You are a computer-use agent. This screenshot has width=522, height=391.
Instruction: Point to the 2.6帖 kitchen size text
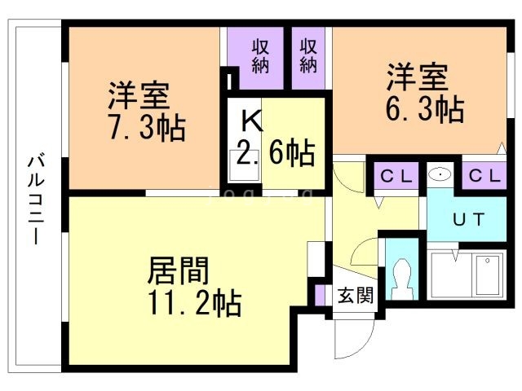276,153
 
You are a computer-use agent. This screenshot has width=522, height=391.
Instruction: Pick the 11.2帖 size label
194,304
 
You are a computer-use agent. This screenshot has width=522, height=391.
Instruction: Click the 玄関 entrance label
356,295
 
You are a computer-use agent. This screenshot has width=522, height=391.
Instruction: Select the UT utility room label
470,219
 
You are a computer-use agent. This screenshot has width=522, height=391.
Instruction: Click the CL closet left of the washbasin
396,175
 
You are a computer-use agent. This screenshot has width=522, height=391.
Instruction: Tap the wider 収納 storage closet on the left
260,55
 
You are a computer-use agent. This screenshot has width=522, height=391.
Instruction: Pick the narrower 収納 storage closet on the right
307,55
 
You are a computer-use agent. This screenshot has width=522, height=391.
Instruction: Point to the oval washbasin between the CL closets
441,174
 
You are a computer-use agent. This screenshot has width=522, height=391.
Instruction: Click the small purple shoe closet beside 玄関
321,293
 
